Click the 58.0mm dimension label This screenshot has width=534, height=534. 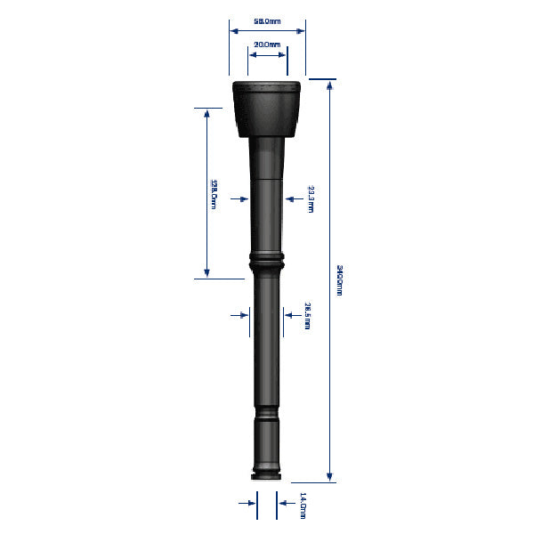(267, 20)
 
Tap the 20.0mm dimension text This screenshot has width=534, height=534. (267, 44)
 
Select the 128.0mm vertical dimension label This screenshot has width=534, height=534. (214, 192)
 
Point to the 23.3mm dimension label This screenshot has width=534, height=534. (311, 199)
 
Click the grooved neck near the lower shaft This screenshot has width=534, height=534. (267, 415)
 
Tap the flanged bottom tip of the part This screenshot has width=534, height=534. (267, 469)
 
